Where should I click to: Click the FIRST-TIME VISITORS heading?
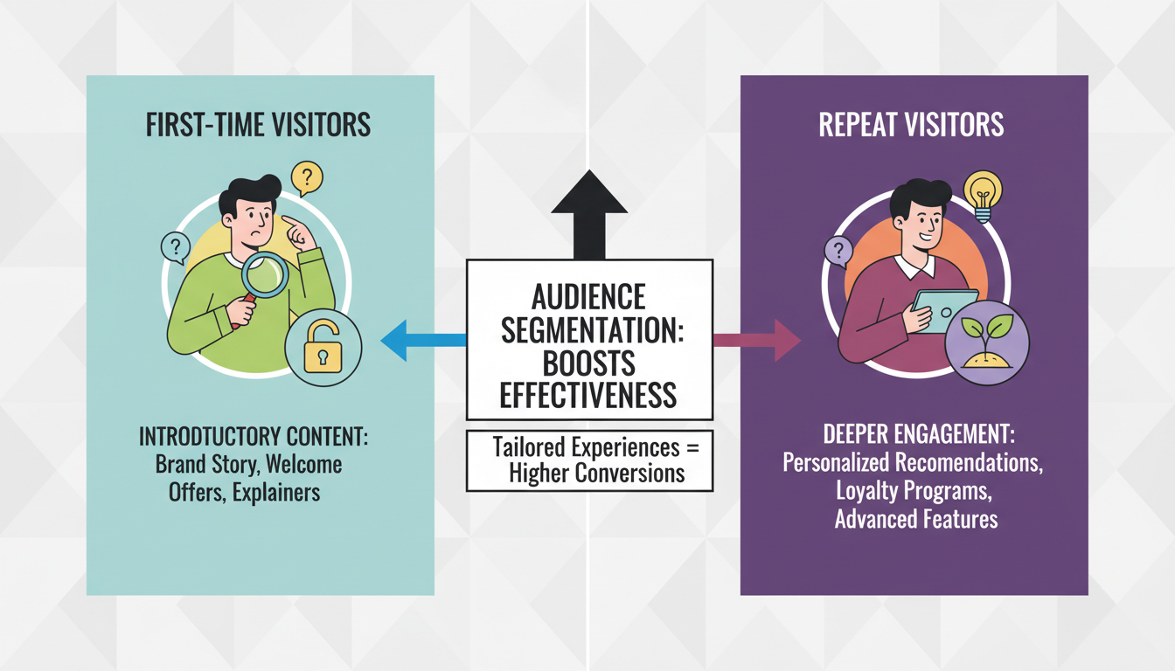[x=260, y=124]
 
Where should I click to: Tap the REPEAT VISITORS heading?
[x=911, y=124]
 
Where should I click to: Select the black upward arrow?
[x=589, y=214]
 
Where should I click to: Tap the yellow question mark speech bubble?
[x=305, y=179]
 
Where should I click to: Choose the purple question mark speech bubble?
[x=838, y=253]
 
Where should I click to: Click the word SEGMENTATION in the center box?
[x=588, y=329]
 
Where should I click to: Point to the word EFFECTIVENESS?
[x=588, y=395]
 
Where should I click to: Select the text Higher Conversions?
[x=588, y=474]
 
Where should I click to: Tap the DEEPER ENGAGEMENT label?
[x=912, y=434]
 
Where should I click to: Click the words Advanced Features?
[x=915, y=519]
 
